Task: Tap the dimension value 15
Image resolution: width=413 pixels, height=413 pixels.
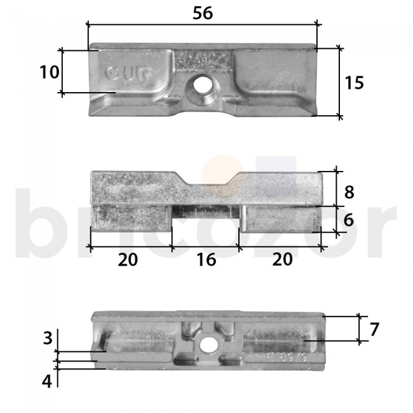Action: click(x=355, y=83)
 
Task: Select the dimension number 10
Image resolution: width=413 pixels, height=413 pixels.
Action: click(x=49, y=72)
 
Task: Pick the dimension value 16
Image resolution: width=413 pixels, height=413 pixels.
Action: click(x=206, y=259)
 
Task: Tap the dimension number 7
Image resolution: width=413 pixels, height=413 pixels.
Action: click(x=374, y=330)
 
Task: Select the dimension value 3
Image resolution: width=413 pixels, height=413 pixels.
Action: click(x=47, y=338)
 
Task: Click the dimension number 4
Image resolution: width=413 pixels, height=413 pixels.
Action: click(x=47, y=382)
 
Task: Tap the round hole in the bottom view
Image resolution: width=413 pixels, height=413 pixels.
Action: click(x=205, y=345)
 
